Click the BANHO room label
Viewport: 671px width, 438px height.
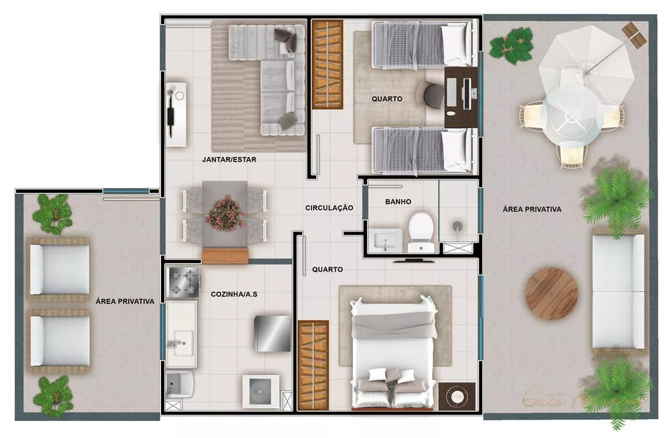pos(398,201)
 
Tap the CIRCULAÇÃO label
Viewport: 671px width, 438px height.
pos(329,208)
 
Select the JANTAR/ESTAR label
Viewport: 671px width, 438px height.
pos(229,160)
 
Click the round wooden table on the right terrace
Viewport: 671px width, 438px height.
pos(552,294)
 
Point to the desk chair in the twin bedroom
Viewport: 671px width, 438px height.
pos(431,93)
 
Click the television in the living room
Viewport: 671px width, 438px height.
pos(172,111)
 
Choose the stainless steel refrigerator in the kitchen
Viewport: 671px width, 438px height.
pos(272,332)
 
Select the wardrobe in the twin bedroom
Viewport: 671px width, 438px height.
pos(327,64)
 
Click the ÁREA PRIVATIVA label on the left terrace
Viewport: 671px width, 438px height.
pos(125,302)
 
